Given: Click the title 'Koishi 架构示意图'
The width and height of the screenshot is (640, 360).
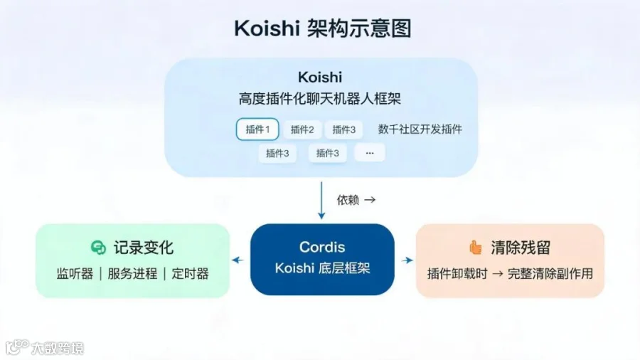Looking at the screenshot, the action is point(322,28).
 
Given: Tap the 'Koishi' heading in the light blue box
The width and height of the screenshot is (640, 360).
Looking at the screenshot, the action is point(320,77).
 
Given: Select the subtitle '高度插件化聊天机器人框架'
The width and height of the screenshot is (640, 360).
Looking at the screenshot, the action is point(320,98).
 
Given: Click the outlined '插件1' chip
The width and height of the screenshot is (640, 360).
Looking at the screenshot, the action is point(257,129).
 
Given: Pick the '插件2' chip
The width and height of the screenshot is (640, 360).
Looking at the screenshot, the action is point(302,129).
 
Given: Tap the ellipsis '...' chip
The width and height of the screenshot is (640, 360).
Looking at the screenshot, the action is point(369,153).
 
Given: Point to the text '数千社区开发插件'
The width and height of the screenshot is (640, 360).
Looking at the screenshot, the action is point(420,129).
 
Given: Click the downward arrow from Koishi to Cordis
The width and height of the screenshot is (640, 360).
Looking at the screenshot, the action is point(321,201).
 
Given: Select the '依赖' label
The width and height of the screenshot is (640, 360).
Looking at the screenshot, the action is point(348,200).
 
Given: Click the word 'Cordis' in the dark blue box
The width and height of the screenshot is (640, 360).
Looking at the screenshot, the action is point(322,247).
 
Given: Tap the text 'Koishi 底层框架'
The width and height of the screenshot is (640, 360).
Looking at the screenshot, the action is point(322,268).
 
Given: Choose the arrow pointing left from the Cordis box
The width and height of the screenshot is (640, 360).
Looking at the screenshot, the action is point(238,260).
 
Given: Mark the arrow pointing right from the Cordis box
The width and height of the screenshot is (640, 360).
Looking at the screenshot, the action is point(407,260).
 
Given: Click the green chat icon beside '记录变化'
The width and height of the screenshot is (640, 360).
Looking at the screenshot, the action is point(98,248).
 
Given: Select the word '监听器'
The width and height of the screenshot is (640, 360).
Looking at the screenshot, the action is point(75,273).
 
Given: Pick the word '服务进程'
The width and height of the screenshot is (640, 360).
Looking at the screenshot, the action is point(132,273).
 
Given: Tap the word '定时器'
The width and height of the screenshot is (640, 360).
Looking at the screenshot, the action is point(190,273).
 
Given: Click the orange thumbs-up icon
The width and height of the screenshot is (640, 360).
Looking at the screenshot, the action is point(476,248).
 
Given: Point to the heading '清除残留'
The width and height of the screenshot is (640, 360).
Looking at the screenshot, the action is point(521,248).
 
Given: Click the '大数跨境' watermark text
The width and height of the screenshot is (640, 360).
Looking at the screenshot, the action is point(58,348).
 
